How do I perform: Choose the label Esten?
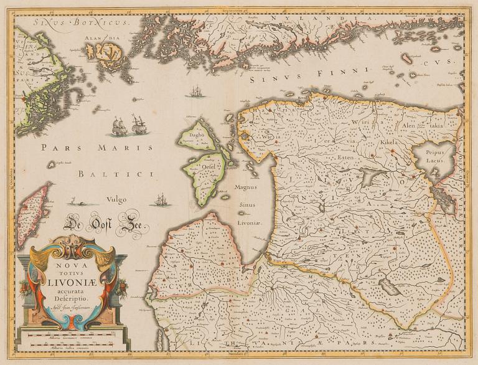(x=341, y=158)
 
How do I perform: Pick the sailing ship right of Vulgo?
(x=161, y=201)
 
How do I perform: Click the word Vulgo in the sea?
(x=116, y=199)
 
